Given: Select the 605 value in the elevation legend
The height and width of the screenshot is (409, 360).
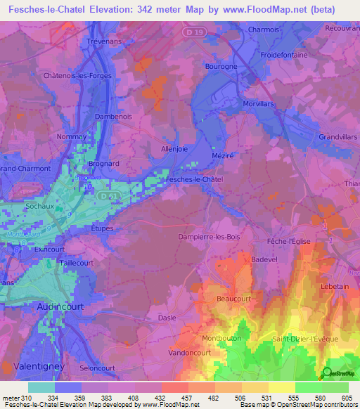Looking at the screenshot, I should click(345, 397).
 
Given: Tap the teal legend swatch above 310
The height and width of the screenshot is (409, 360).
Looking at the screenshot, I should click(41, 387).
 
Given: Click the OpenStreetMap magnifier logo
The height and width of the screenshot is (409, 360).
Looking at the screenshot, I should click(326, 374).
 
